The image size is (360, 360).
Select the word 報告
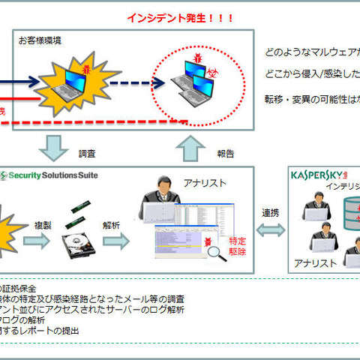[224, 153]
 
